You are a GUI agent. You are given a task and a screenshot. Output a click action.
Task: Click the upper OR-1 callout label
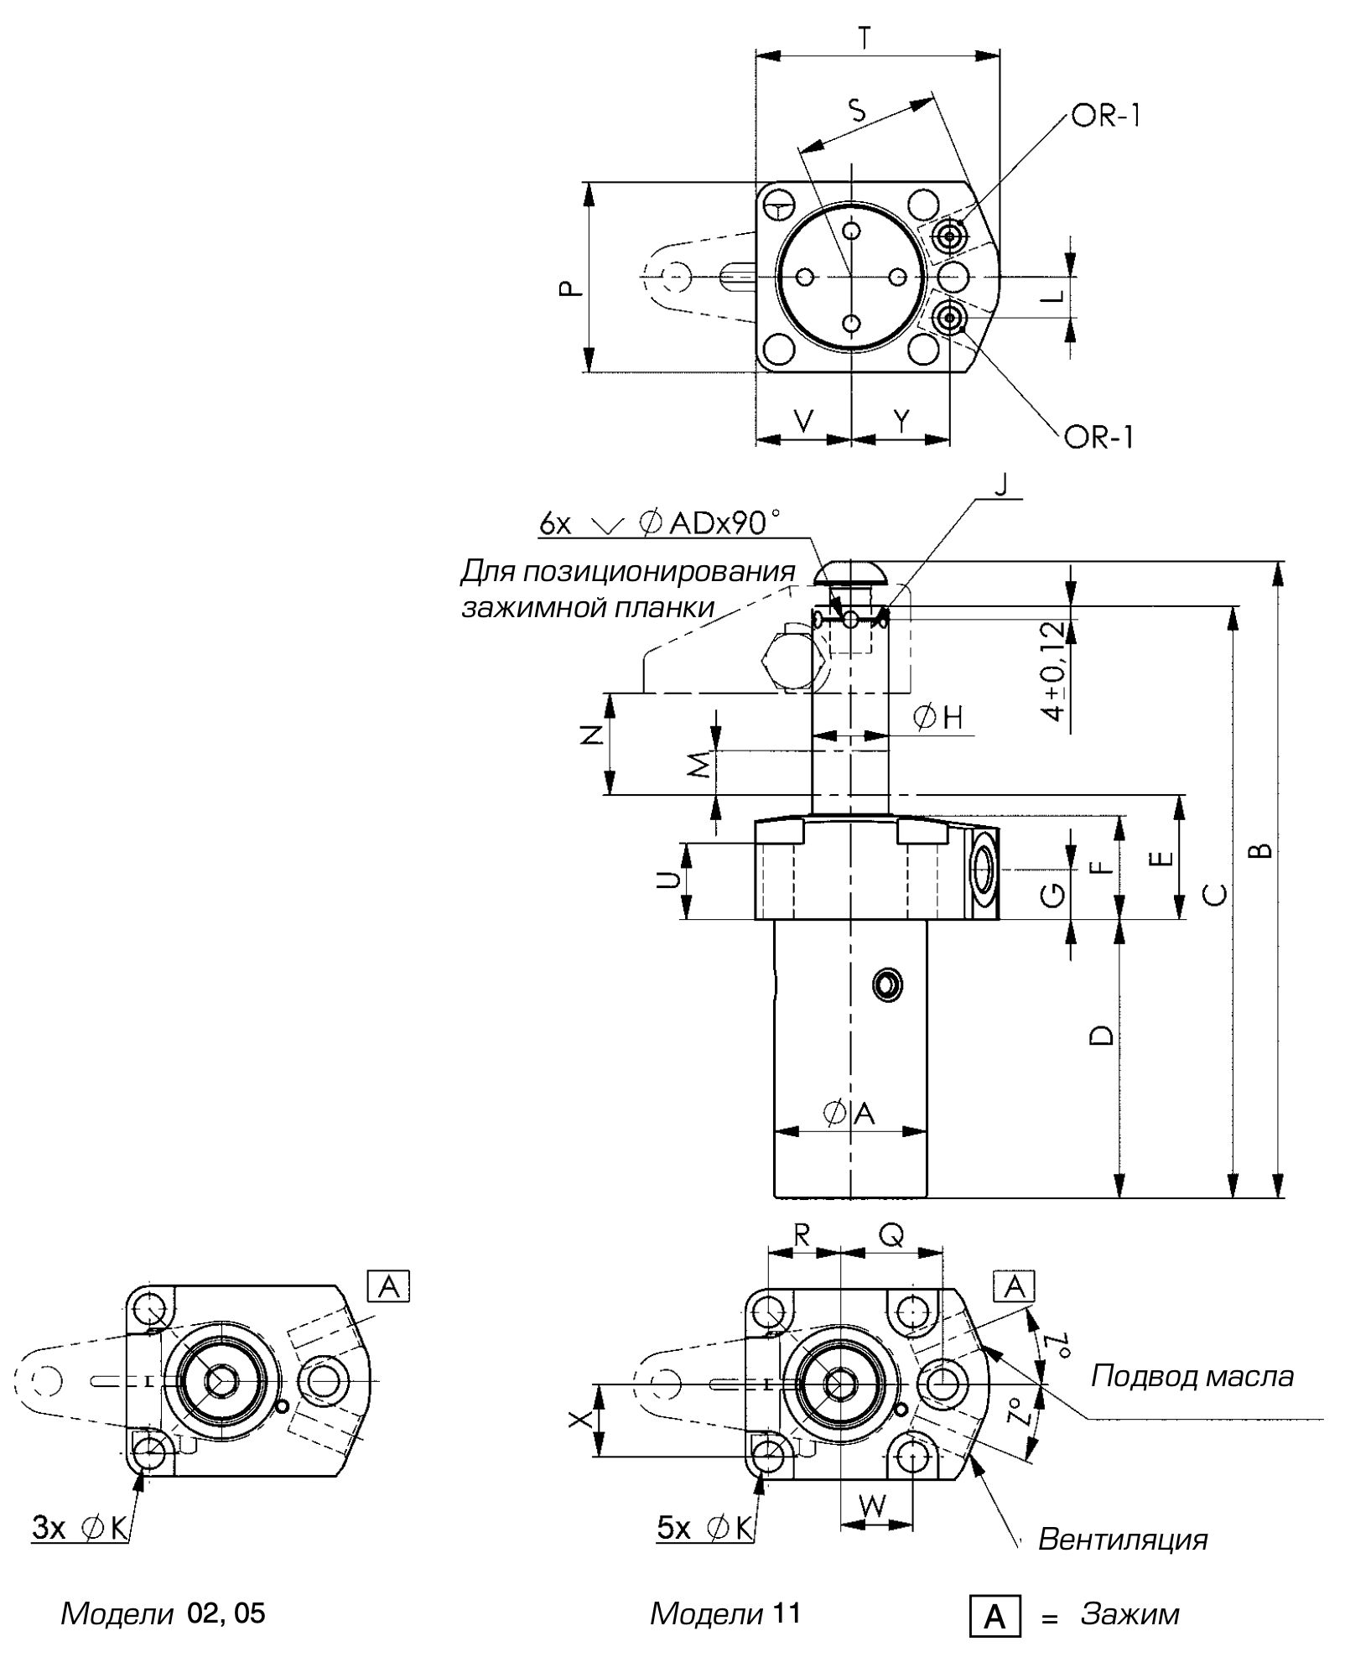click(1105, 116)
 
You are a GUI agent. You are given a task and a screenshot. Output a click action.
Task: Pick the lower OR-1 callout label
click(1099, 437)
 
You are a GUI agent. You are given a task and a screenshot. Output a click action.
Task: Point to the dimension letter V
click(803, 421)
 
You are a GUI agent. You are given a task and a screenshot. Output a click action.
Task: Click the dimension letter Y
click(901, 421)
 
